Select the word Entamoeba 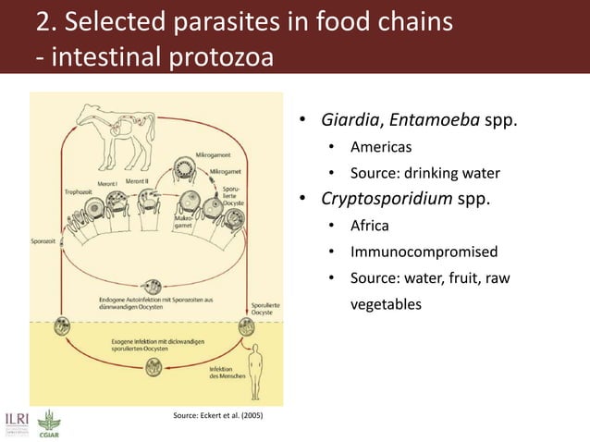click(x=434, y=121)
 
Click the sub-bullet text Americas click(x=382, y=147)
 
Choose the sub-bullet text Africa click(x=369, y=226)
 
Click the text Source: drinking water click(x=424, y=173)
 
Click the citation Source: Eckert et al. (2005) click(x=218, y=416)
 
